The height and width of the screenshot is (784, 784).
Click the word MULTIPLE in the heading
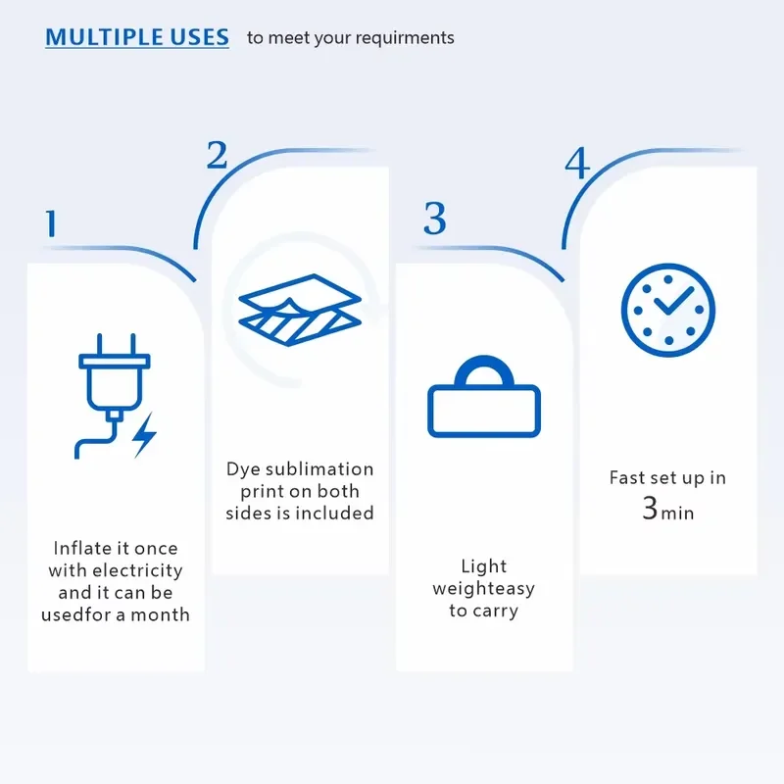[x=104, y=37]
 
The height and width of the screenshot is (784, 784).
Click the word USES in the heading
[x=200, y=37]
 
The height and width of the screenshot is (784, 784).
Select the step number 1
[x=51, y=223]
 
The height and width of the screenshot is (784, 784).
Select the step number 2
[x=217, y=155]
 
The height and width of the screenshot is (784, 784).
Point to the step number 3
[x=434, y=218]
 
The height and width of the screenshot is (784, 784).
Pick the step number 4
[x=577, y=163]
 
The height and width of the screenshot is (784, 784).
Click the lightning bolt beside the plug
[x=144, y=435]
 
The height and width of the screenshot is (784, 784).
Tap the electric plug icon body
[x=114, y=380]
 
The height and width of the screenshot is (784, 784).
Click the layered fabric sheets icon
[x=300, y=310]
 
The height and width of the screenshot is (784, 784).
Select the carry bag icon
[x=484, y=396]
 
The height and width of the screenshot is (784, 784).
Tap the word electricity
[x=137, y=570]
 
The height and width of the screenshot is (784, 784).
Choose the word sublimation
[x=319, y=469]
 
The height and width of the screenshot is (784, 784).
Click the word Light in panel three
[x=483, y=566]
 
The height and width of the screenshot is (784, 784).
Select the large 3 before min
[x=650, y=508]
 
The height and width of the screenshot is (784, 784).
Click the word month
[x=160, y=614]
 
